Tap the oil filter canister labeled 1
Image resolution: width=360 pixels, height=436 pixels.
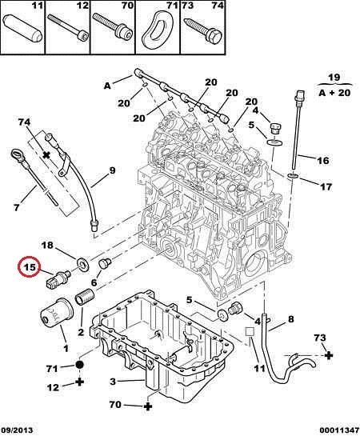tap(57, 314)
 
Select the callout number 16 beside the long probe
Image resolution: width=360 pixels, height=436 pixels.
tap(323, 161)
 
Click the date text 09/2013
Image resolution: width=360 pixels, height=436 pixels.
tap(17, 430)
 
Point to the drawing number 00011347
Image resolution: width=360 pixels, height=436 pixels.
tap(339, 430)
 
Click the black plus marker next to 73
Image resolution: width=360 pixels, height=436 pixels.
tap(329, 355)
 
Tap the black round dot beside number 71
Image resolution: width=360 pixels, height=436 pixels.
tap(79, 365)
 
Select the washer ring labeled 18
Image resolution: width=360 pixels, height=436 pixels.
tap(82, 263)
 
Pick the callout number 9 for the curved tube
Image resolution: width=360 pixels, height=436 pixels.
tap(112, 170)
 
